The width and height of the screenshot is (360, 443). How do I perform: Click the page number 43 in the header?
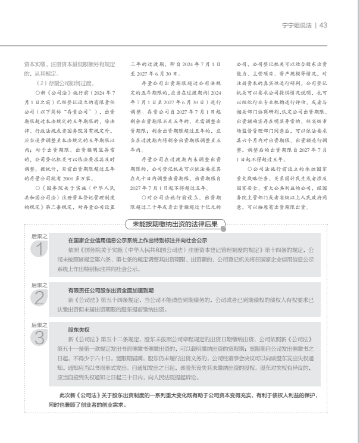click(x=324, y=25)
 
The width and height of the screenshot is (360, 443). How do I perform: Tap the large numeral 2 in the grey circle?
click(x=39, y=297)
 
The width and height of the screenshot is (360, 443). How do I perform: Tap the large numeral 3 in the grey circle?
click(x=39, y=337)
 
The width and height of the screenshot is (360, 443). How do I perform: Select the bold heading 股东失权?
click(x=79, y=329)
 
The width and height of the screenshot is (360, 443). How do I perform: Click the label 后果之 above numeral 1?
click(x=39, y=236)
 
